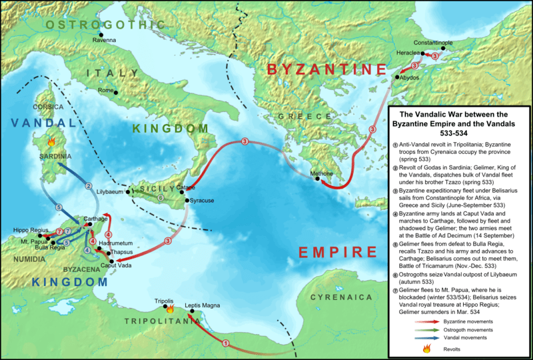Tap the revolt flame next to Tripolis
170,309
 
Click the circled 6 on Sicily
159,197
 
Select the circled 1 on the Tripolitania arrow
225,343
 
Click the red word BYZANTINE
326,70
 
